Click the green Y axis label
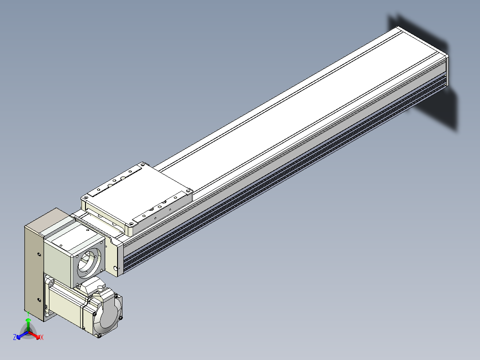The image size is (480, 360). click(x=28, y=313)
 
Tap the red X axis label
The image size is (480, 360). click(x=42, y=337)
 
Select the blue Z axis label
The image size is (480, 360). click(x=14, y=337)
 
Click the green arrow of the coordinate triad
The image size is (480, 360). click(x=28, y=325)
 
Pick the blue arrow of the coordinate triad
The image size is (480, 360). click(x=22, y=335)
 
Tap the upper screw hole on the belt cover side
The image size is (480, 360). click(x=39, y=254)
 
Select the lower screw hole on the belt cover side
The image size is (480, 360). click(x=39, y=300)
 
